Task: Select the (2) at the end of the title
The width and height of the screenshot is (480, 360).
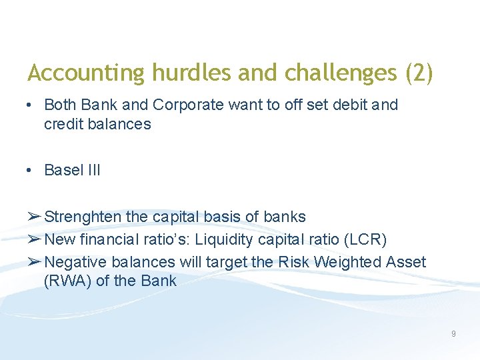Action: [x=419, y=73]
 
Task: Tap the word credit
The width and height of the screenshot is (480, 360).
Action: [x=63, y=124]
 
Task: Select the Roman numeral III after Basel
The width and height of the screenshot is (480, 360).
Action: [x=93, y=170]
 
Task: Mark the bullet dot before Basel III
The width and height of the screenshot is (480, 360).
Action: [x=30, y=170]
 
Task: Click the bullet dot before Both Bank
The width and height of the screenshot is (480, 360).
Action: [x=30, y=105]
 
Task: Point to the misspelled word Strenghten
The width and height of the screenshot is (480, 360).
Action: [x=83, y=217]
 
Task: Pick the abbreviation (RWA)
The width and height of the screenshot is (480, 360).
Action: [x=67, y=281]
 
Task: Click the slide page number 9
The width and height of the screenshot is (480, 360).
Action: [x=453, y=333]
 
